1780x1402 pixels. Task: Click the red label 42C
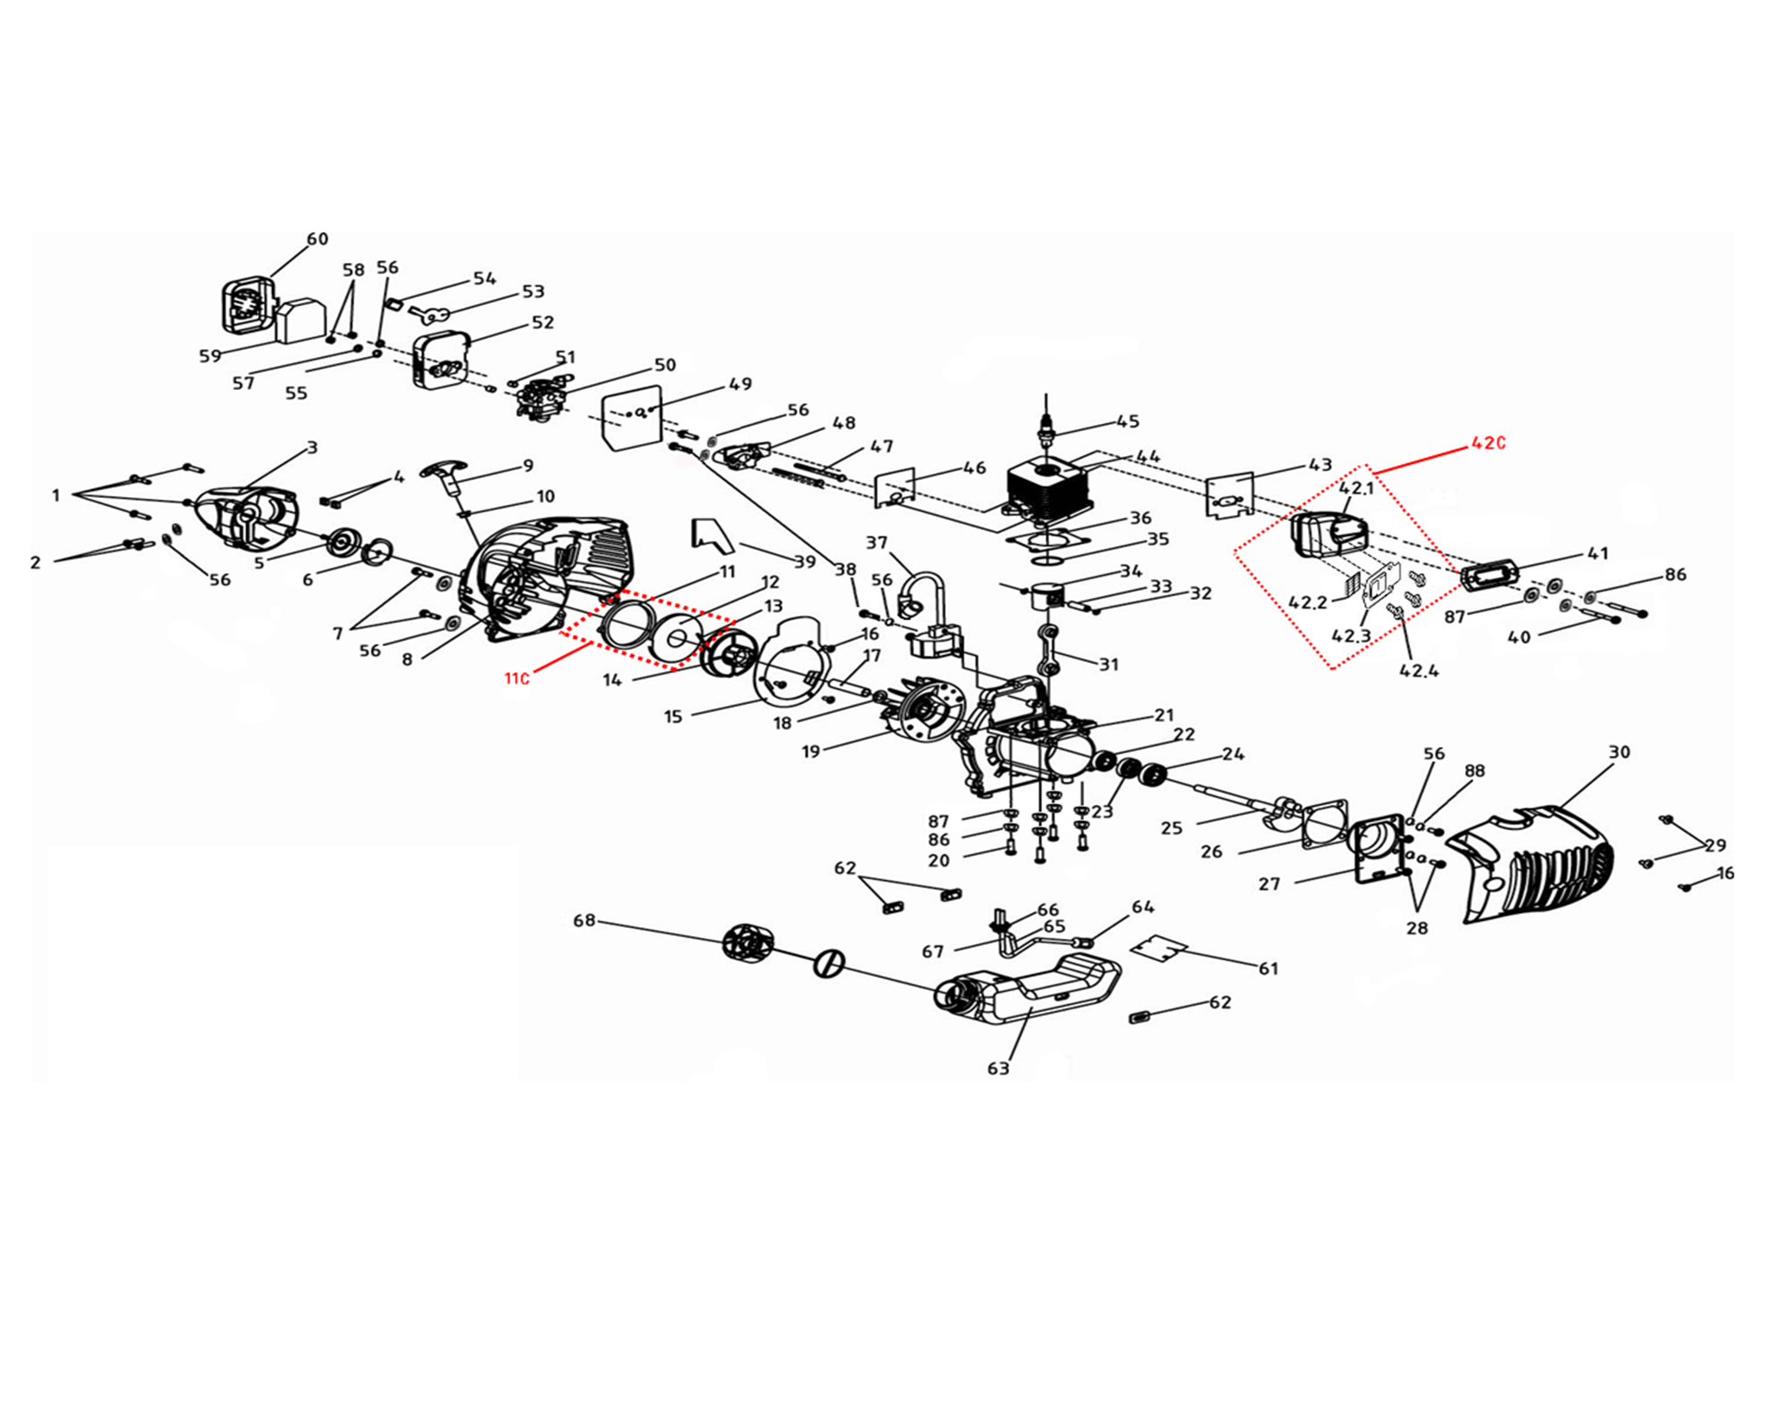tap(1487, 443)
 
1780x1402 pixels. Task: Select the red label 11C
tap(517, 678)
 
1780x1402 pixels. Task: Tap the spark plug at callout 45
tap(1046, 427)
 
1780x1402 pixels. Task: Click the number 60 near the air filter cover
tap(318, 239)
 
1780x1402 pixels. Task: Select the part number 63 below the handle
tap(998, 1068)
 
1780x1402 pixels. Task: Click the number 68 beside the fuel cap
tap(584, 920)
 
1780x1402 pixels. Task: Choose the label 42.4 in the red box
tap(1419, 670)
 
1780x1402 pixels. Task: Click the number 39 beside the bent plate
tap(805, 560)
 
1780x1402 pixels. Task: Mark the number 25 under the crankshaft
tap(1171, 828)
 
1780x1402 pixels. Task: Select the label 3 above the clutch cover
tap(312, 447)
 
